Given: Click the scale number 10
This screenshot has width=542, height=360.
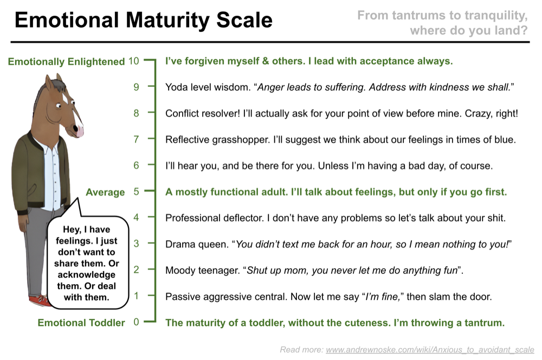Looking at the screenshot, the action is (x=133, y=61).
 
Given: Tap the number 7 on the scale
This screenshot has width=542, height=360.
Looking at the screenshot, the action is (x=136, y=139).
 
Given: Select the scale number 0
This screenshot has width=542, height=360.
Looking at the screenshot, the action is (x=136, y=322).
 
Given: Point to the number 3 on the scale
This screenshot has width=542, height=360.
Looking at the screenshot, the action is (x=136, y=243).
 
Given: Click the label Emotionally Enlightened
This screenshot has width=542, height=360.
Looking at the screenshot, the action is (x=66, y=62).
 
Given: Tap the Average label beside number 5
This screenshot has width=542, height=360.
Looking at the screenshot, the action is (x=105, y=192).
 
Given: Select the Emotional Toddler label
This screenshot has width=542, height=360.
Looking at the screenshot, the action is (x=81, y=323).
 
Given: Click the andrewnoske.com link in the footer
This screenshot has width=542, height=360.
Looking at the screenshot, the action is (x=430, y=350).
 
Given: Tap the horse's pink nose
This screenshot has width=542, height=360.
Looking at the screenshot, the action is (x=80, y=131).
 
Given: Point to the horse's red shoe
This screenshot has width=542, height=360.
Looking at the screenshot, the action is (x=38, y=300).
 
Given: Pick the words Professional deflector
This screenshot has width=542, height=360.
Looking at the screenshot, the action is (x=215, y=218).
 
